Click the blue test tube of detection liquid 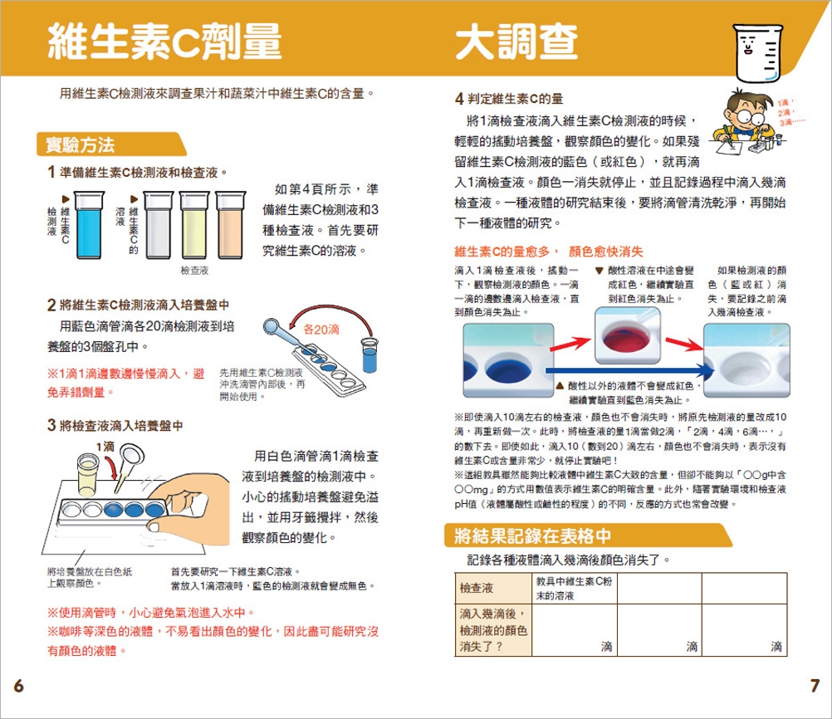pos(89,225)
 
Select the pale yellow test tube pos(194,225)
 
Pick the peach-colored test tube pos(230,225)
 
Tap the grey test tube pos(158,225)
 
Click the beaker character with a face pos(757,53)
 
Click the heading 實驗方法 pos(80,144)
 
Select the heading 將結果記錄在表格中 pos(533,536)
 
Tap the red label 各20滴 pos(321,330)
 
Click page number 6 pos(18,686)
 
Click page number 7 pos(815,686)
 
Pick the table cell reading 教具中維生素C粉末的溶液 pos(574,588)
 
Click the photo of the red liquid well pos(628,336)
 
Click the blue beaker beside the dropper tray pos(370,355)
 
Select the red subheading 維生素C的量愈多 pos(502,252)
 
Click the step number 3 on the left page pos(51,425)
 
